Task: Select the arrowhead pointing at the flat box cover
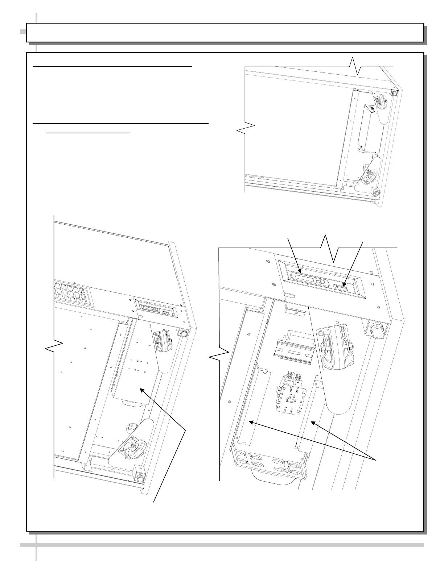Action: click(141, 390)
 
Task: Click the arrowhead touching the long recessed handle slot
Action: click(300, 271)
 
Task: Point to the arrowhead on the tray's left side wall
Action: click(250, 422)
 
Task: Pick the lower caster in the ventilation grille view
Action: click(133, 448)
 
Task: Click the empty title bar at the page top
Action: click(225, 33)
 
